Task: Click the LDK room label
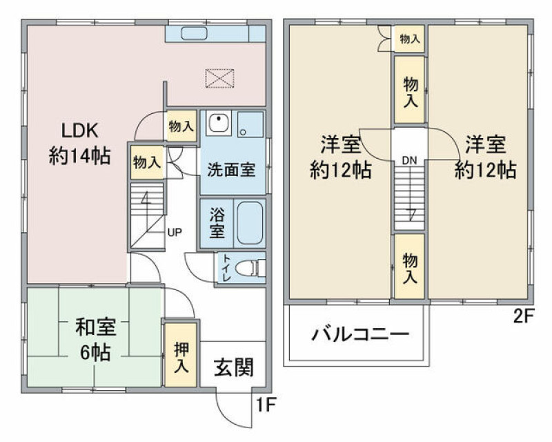pos(80,144)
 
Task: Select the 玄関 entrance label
pos(234,367)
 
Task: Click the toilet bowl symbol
pos(249,268)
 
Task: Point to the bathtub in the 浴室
pos(250,223)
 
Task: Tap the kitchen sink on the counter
pos(194,33)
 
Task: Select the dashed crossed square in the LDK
pos(219,79)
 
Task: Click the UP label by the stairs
pos(175,233)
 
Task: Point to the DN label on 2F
pos(409,161)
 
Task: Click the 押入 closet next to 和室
pos(181,355)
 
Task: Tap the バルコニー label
pos(360,334)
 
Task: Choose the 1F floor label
pos(265,405)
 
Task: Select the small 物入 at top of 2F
pos(410,39)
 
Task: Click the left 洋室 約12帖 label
pos(340,157)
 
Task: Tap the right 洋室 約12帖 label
pos(486,157)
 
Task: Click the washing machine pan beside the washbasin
pos(250,124)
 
